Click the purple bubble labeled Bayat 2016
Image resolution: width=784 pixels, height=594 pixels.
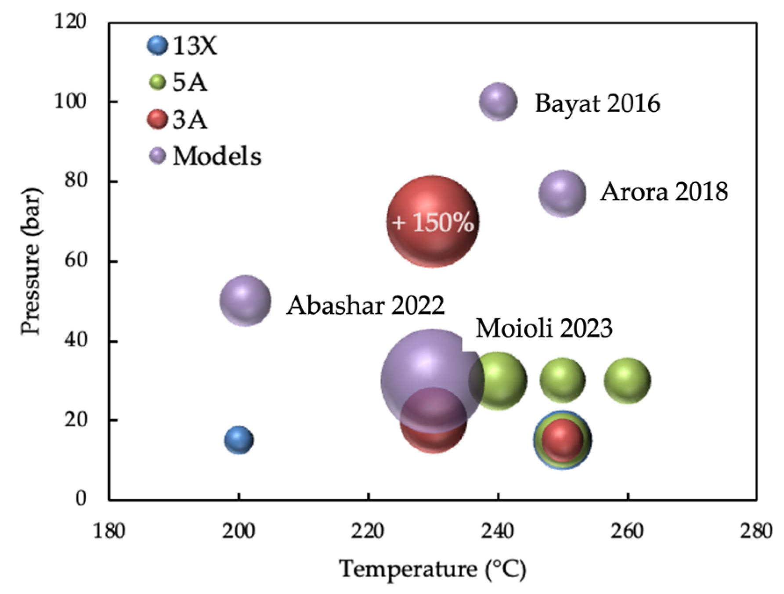tap(498, 101)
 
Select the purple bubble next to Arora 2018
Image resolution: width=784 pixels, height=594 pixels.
tap(562, 193)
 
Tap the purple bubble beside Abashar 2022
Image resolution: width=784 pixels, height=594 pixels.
tap(245, 301)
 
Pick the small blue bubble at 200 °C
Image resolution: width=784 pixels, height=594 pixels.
tap(238, 439)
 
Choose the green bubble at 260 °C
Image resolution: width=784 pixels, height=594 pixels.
tap(627, 380)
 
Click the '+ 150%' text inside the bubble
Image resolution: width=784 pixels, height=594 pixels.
tap(433, 222)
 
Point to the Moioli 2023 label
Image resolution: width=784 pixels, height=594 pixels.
tap(544, 328)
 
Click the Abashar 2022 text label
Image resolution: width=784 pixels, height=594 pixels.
tap(365, 305)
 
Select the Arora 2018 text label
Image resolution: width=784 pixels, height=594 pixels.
tap(664, 191)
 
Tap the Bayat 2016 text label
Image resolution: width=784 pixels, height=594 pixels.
tap(597, 103)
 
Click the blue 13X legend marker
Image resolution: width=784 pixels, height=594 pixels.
tap(157, 45)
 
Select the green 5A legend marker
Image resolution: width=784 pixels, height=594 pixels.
tap(157, 82)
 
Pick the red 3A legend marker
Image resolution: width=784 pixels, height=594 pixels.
tap(157, 119)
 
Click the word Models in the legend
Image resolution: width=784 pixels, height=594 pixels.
tap(217, 156)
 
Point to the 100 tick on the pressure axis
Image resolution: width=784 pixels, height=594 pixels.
tap(70, 101)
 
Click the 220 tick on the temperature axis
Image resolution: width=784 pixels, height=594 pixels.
tap(368, 531)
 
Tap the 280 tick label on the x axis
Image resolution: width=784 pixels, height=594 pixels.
tap(756, 531)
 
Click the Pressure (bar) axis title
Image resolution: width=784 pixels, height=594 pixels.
tap(31, 261)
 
